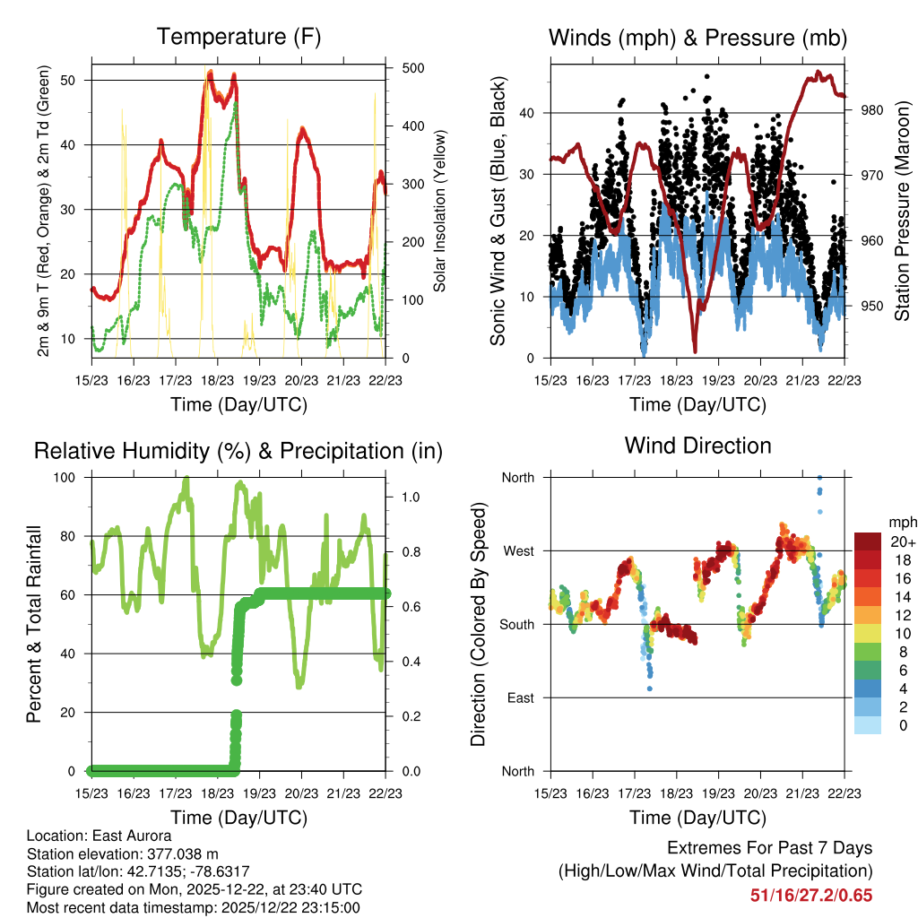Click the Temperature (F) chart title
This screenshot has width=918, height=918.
tap(238, 37)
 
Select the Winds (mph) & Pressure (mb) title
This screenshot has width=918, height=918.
tap(697, 38)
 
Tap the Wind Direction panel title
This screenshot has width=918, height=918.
tap(697, 446)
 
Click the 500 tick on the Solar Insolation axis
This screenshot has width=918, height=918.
tap(413, 68)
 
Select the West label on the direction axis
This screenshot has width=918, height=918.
tap(517, 550)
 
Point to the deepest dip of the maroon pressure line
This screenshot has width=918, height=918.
tap(695, 351)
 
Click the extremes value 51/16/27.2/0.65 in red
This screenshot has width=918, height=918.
tap(811, 895)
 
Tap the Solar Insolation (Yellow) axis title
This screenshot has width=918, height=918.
tap(440, 211)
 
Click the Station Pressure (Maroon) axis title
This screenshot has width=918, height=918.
tap(902, 211)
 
